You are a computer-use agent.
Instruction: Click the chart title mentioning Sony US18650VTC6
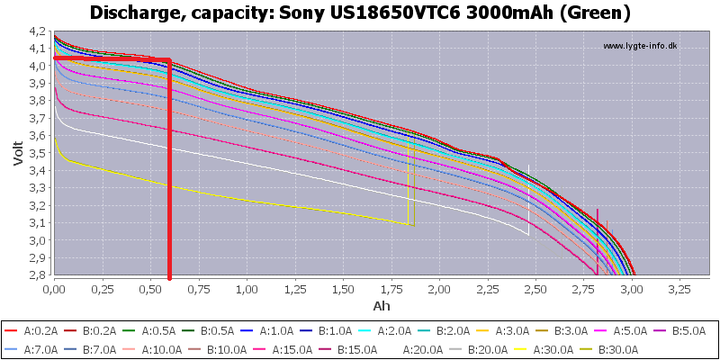click(360, 13)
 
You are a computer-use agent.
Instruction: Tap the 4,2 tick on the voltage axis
click(38, 31)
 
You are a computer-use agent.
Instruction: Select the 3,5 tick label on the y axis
click(38, 153)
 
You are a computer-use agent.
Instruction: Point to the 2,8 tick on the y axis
click(38, 275)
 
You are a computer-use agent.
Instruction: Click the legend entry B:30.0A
click(612, 350)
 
